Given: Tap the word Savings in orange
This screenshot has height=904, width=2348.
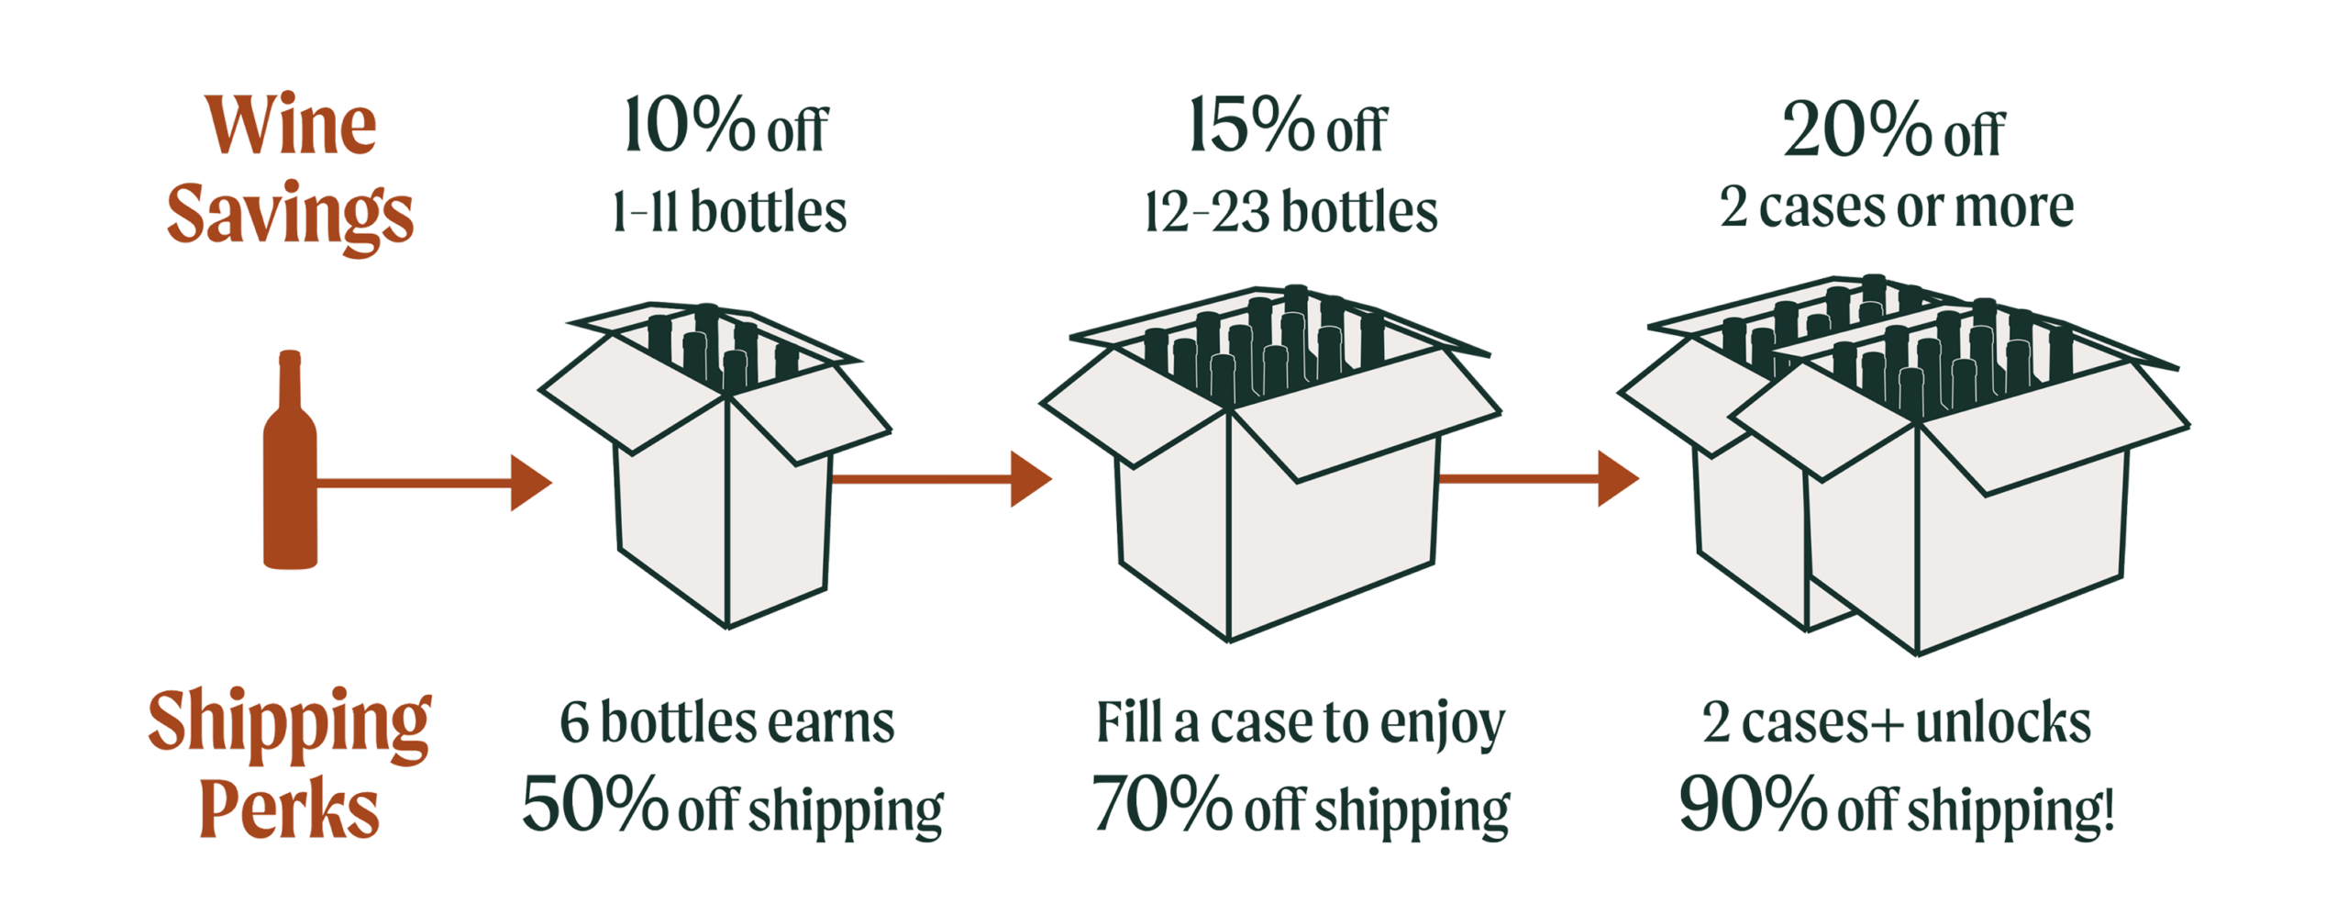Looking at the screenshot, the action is pos(290,215).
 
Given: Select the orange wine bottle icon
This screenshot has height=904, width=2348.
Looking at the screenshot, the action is pos(290,460).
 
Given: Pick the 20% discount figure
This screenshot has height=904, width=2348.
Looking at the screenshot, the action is pos(1858,128).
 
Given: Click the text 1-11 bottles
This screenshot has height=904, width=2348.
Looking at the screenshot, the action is pos(729,212).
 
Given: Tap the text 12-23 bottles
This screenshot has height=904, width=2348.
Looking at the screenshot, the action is pos(1290,212).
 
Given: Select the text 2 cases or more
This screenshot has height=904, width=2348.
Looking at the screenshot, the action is pos(1896,206).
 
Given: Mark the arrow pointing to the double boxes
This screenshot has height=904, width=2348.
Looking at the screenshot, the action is pos(1539,477).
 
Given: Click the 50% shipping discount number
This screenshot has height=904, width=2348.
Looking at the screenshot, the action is pos(594,803).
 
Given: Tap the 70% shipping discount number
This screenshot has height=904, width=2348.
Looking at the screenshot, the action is pos(1161,803).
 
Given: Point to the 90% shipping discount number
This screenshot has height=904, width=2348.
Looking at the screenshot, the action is pos(1753,803).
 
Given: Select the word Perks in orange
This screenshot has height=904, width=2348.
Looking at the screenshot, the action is pos(289,809).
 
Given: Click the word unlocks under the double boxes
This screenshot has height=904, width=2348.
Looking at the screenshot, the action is pos(2002,722).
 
